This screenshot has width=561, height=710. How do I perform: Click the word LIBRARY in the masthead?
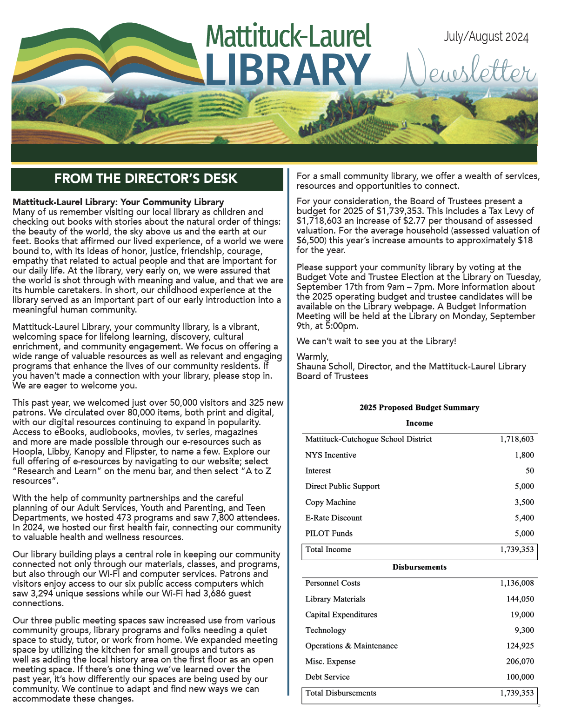pos(287,70)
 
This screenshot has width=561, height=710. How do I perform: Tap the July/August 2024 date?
pos(486,37)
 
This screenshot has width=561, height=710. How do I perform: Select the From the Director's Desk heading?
pos(146,179)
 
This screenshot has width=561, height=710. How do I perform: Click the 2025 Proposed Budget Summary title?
pos(419,408)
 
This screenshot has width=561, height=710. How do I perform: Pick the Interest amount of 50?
pos(529,471)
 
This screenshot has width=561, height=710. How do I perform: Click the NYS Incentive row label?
pos(331,455)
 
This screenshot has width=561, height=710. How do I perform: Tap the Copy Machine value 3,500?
pos(524,502)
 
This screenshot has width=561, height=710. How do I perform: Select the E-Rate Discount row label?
pos(334,518)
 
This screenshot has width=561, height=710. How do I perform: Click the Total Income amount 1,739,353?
pos(517,549)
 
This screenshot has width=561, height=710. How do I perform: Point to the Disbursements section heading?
pos(419,567)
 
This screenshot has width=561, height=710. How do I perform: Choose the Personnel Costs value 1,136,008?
pos(517,583)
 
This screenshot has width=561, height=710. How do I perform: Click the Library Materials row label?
pos(335,599)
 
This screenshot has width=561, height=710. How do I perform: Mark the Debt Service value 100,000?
pos(520,677)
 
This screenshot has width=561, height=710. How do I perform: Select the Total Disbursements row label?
pos(341,693)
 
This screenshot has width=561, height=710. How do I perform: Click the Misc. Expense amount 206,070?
pos(520,662)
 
